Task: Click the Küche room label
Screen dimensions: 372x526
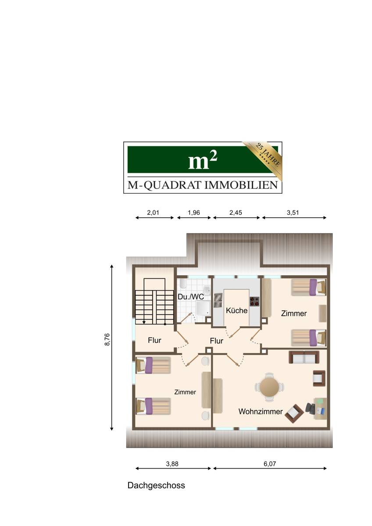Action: coord(236,310)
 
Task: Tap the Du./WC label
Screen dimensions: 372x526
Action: coord(190,297)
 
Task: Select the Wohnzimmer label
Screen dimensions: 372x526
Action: coord(260,412)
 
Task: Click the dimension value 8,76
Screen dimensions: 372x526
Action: coord(107,340)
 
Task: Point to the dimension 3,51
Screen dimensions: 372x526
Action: coord(293,213)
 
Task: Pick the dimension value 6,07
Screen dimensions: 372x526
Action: coord(269,464)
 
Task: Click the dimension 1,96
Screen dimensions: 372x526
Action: coord(193,213)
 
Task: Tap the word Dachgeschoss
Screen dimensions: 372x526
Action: coord(156,485)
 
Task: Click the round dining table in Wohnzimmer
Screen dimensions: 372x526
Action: coord(269,387)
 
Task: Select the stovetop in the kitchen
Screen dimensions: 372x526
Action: coord(254,302)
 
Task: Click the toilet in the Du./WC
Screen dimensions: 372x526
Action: coord(183,284)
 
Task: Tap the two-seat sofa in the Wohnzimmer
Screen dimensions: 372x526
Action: coord(304,358)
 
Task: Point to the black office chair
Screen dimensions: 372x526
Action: coord(311,409)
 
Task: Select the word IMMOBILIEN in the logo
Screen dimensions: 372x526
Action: coord(241,185)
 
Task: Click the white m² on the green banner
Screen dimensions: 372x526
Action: coord(203,160)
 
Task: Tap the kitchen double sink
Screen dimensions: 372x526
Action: coord(218,300)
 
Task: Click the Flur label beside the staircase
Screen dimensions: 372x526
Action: coord(154,340)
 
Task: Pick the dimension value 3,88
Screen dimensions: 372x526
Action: coord(172,464)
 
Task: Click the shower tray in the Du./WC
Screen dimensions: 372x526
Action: coord(203,309)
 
